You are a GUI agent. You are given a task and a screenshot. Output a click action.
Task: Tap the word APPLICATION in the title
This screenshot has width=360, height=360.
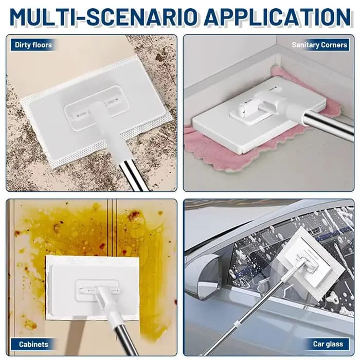277,17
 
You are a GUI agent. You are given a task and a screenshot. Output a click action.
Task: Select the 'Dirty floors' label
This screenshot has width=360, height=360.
33,45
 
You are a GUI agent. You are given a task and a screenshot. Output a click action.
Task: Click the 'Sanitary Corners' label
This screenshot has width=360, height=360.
319,45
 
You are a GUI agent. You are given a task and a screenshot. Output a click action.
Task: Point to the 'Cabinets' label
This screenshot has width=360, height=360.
33,344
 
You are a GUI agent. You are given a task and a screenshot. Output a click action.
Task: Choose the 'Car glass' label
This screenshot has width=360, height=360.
328,344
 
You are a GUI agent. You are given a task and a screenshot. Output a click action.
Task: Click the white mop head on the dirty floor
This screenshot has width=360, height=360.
97,113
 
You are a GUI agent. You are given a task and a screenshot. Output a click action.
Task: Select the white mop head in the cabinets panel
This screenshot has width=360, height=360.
93,288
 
